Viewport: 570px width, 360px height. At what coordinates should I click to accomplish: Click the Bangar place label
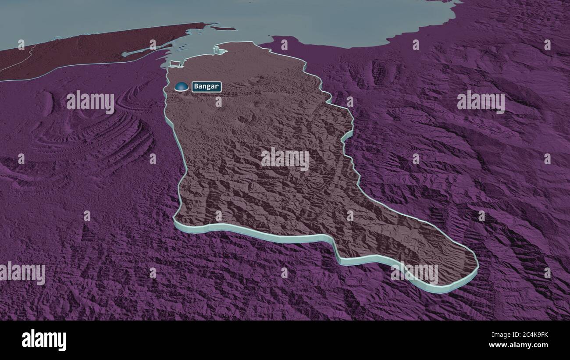point(206,87)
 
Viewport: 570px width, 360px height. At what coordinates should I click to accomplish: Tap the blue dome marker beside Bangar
point(181,87)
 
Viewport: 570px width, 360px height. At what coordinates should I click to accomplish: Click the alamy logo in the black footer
point(44,340)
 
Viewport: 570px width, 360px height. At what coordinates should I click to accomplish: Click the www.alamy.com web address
point(521,345)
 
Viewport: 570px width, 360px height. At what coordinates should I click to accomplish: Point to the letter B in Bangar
point(196,87)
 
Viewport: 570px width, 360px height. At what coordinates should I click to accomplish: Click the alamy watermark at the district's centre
point(285,159)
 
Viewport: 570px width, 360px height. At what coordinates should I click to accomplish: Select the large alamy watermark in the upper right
point(481,102)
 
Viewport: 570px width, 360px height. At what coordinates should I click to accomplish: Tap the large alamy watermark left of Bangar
point(90,102)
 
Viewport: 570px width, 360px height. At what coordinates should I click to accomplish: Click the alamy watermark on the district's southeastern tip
point(414,273)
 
